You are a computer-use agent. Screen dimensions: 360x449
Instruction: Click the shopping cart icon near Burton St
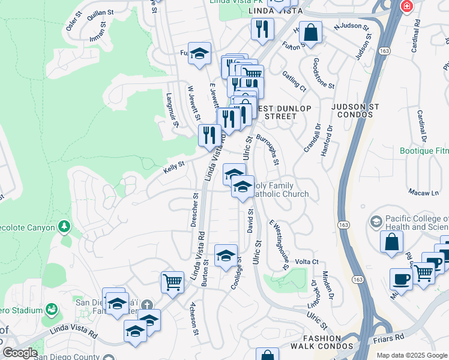point(172,281)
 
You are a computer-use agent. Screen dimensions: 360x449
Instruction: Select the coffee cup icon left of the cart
point(400,278)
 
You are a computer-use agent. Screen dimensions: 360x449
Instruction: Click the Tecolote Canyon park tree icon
point(64,227)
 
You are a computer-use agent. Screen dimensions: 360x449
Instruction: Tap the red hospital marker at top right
point(406,5)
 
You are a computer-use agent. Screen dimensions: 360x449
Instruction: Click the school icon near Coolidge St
point(226,256)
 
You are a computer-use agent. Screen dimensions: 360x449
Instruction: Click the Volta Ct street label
point(306,262)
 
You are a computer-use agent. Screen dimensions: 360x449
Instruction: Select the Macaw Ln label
point(427,193)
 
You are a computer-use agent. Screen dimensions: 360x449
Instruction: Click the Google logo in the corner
point(20,353)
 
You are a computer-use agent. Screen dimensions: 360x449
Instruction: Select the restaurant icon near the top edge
point(262,29)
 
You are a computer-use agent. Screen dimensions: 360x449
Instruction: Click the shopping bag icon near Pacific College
point(391,241)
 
